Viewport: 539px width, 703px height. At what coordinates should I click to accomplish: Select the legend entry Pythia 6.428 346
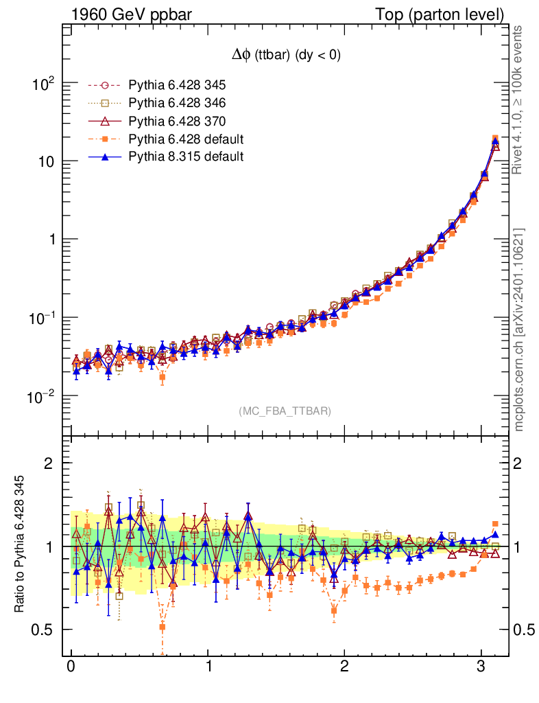177,104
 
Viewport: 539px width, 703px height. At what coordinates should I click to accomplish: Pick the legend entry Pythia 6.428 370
177,122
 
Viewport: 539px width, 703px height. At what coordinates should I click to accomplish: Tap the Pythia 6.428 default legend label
186,139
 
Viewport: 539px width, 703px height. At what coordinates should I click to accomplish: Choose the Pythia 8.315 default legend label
186,157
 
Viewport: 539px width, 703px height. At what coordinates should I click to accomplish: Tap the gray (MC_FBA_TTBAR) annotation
285,411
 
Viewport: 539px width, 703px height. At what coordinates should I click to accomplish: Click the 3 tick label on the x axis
481,667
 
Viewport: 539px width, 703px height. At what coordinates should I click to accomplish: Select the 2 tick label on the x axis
344,667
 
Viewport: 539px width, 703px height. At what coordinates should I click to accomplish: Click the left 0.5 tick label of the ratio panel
43,630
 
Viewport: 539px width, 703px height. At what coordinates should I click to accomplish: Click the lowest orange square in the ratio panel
163,627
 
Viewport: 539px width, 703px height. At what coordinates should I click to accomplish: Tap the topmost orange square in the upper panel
495,139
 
